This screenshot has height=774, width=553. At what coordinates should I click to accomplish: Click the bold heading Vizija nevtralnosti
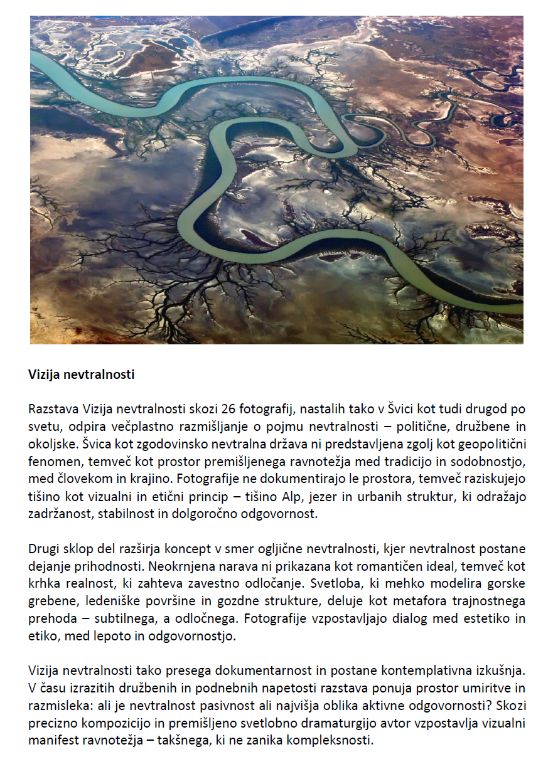click(81, 375)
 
